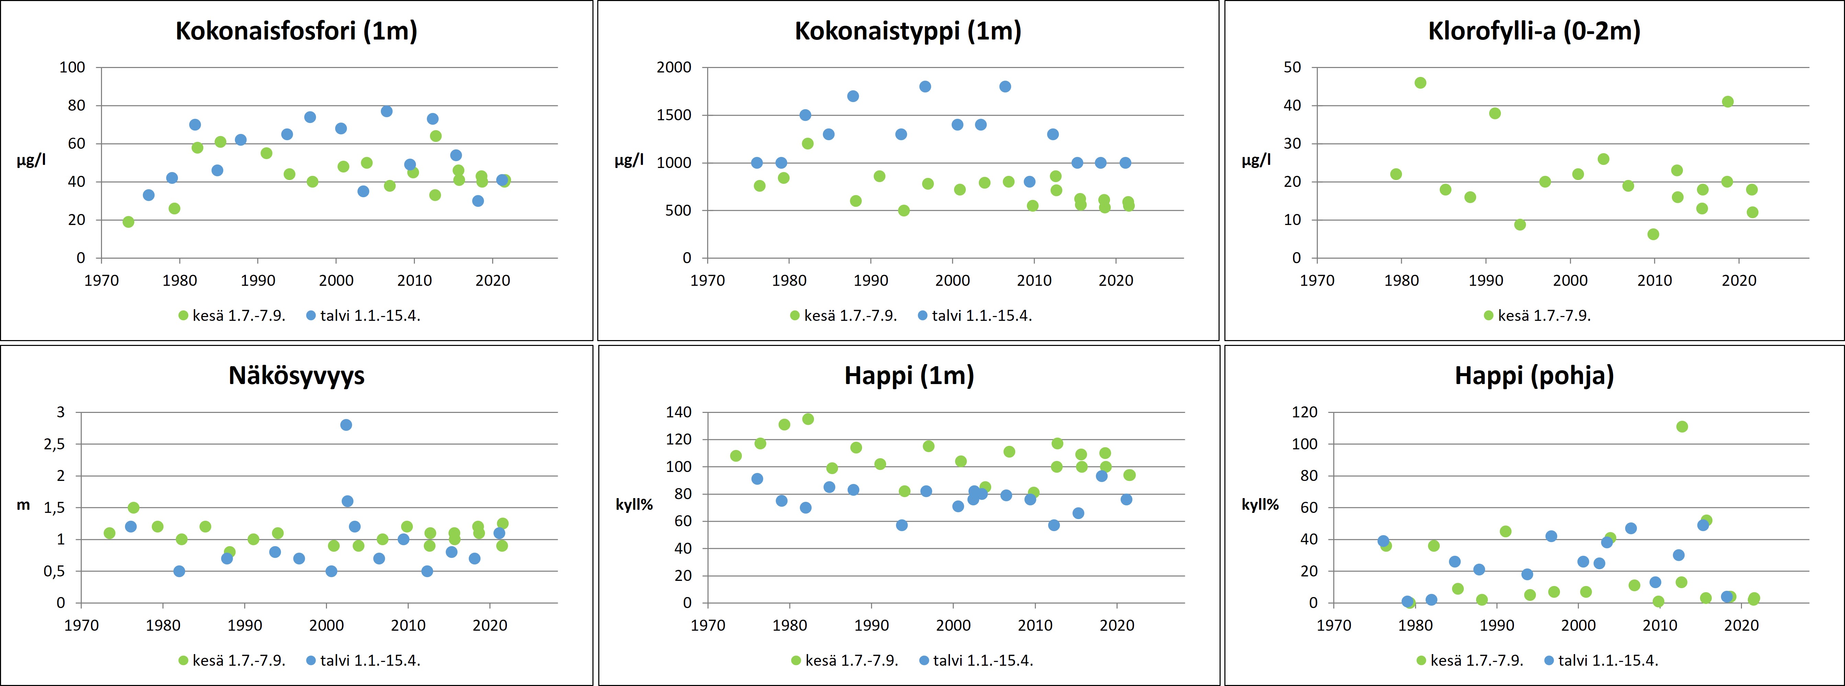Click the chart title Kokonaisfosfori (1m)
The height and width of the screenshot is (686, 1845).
tap(296, 32)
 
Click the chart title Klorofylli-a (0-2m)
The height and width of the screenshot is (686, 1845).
tap(1534, 32)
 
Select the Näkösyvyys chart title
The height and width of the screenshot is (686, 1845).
tap(296, 376)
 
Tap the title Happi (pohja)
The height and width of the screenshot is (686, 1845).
tap(1534, 376)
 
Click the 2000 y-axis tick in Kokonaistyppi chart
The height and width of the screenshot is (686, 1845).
tap(674, 67)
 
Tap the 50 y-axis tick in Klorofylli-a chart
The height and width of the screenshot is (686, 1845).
tap(1292, 67)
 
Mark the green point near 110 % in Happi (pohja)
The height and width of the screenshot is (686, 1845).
tap(1682, 427)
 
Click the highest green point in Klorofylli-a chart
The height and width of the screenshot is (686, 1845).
tap(1420, 83)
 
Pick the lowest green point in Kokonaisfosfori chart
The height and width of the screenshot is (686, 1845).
tap(128, 222)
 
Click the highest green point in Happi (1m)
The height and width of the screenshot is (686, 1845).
tap(808, 419)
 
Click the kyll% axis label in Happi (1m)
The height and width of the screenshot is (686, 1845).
tap(635, 505)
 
